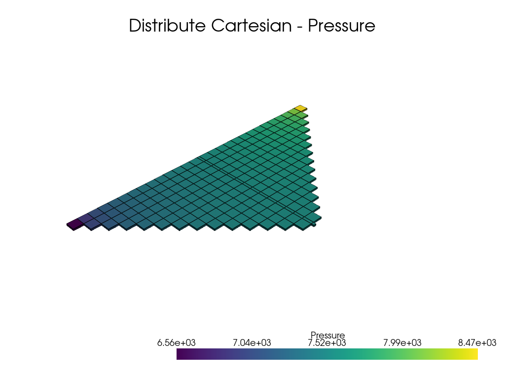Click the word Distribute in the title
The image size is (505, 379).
(167, 26)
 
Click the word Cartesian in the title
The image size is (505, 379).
(251, 26)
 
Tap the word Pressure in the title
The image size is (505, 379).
(341, 26)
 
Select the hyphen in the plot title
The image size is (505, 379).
(299, 27)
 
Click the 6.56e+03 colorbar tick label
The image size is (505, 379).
(176, 342)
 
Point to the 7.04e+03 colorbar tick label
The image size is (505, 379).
(252, 342)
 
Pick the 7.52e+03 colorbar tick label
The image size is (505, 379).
(327, 343)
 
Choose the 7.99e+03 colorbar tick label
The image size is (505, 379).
(402, 342)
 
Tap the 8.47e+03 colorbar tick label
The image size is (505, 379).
(477, 342)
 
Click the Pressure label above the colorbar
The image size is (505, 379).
(327, 335)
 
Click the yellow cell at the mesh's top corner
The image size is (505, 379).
(300, 108)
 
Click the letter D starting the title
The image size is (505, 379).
(135, 26)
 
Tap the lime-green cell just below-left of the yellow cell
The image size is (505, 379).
(293, 112)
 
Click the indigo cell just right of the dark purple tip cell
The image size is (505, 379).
(84, 218)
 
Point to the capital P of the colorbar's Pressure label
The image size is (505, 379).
(313, 335)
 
